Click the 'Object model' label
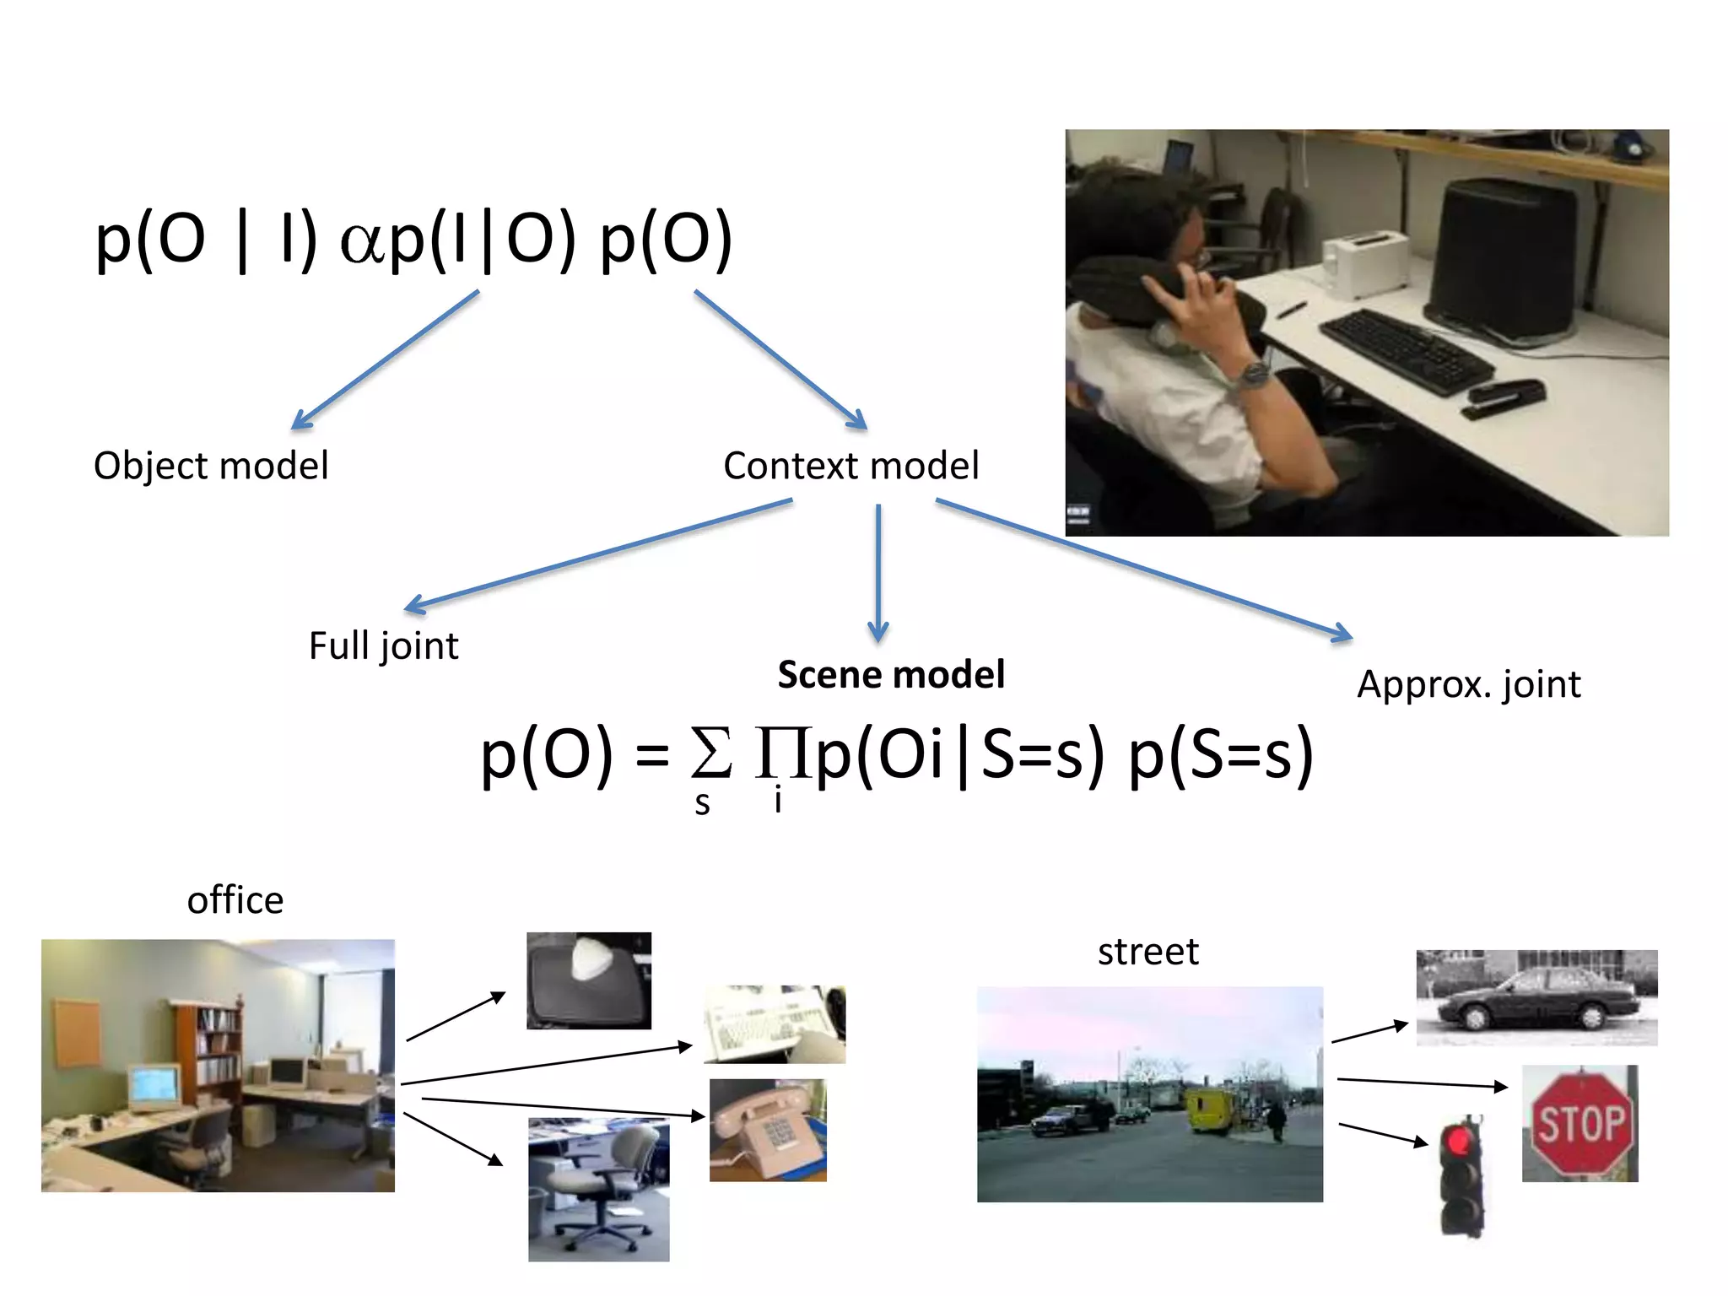click(211, 466)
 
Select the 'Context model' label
click(850, 466)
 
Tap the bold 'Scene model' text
click(891, 674)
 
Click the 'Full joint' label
click(383, 646)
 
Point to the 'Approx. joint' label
click(1468, 684)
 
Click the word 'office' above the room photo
click(235, 900)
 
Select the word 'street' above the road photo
click(1147, 952)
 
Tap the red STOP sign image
click(1579, 1124)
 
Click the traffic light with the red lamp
click(1461, 1177)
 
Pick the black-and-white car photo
click(1536, 997)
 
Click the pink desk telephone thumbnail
click(768, 1130)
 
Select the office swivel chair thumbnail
click(598, 1190)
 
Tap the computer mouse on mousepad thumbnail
click(588, 980)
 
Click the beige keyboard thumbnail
click(774, 1024)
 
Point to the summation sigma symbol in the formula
click(710, 753)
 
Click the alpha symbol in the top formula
click(363, 242)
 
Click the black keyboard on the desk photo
click(1405, 350)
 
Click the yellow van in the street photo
click(1207, 1109)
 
